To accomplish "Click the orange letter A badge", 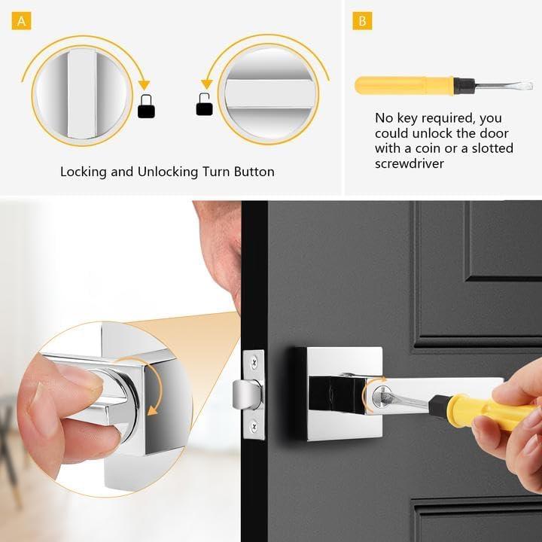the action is point(21,21).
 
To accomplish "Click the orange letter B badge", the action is point(362,21).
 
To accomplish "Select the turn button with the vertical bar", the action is point(82,93).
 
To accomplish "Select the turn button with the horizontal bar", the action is point(269,93).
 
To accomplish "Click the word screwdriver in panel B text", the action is point(410,163).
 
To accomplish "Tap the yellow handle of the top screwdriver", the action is point(405,85).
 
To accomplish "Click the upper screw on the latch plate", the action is point(254,362).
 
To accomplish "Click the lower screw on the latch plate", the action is point(254,427).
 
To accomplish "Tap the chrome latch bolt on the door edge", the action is point(247,394).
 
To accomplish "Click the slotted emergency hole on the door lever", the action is point(381,395).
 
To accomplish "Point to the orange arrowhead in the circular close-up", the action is point(152,411).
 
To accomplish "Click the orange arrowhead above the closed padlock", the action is point(144,85).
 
